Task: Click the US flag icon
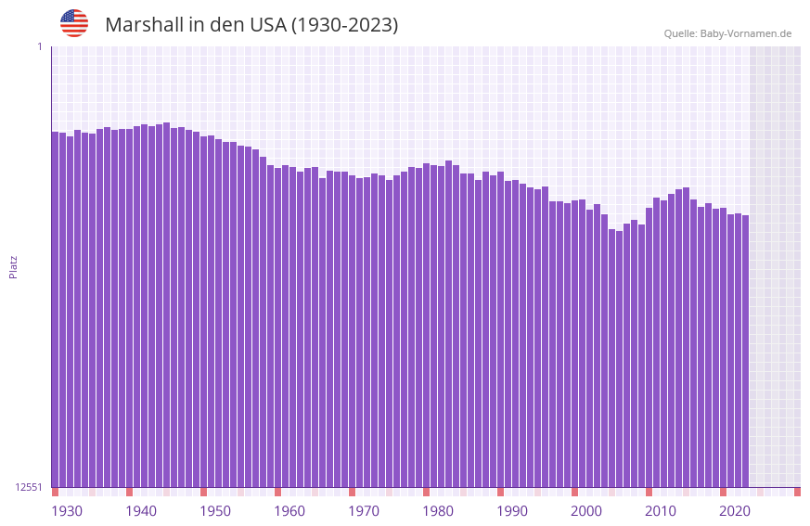tap(74, 23)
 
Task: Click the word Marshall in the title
tap(144, 25)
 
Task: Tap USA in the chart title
tap(267, 25)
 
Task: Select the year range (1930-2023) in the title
tap(344, 25)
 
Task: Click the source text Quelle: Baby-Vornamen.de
tap(727, 33)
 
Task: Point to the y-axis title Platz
tap(13, 266)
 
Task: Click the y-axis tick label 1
tap(39, 46)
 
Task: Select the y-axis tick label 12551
tap(29, 487)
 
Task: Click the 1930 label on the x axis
tap(67, 511)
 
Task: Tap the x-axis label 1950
tap(215, 511)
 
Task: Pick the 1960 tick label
tap(289, 511)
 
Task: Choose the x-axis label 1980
tap(438, 511)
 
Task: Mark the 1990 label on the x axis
tap(512, 511)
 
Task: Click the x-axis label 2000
tap(586, 511)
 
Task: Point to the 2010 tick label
tap(661, 511)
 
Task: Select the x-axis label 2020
tap(735, 511)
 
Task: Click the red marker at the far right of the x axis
tap(797, 492)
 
